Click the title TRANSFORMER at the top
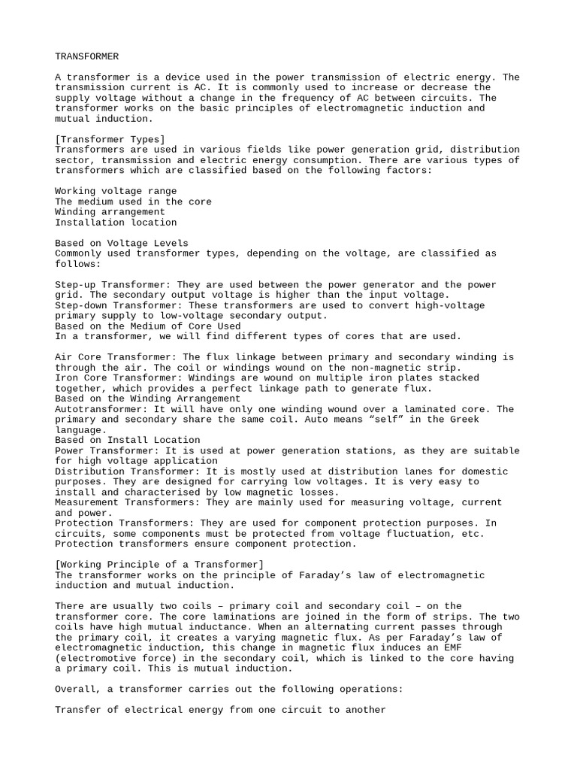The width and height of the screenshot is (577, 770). (86, 56)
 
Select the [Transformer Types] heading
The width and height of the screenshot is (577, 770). (110, 139)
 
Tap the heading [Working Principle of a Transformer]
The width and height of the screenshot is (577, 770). (159, 565)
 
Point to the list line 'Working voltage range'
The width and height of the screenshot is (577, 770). (116, 191)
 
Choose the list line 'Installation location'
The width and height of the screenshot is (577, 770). (116, 223)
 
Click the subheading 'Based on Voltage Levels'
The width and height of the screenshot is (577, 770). (122, 243)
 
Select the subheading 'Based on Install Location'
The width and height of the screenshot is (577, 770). (128, 440)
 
